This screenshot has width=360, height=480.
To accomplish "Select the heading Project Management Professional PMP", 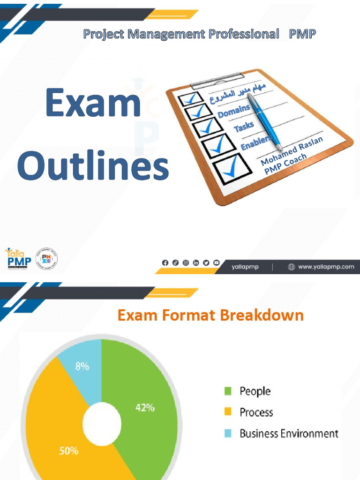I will (199, 34).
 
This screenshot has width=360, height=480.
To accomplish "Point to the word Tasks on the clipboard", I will (244, 126).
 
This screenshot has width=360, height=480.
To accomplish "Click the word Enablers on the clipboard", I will (256, 142).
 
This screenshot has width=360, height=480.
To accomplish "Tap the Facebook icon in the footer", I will (165, 263).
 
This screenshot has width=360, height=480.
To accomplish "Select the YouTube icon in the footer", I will (217, 263).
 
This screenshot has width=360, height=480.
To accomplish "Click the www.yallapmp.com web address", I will (326, 267).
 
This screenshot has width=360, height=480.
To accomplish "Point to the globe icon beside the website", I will (291, 267).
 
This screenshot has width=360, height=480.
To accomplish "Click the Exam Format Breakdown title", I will (210, 315).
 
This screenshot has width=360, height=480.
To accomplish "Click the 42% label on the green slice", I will (145, 407).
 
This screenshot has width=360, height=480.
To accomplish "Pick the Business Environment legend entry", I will (288, 434).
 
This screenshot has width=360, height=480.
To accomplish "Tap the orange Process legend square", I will (228, 412).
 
